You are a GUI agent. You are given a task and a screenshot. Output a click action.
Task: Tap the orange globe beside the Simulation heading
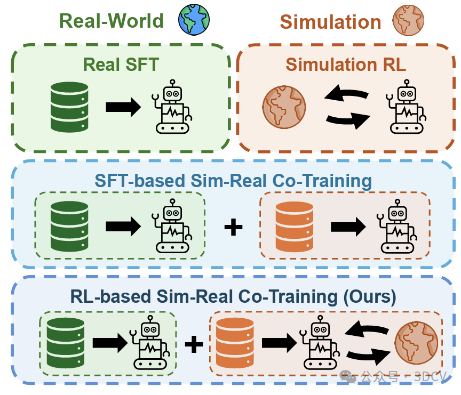(408, 20)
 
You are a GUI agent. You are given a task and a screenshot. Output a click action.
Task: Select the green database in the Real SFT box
(69, 107)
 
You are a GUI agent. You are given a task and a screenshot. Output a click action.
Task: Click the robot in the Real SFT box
(172, 107)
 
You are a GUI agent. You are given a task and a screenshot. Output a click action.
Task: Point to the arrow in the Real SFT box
(123, 107)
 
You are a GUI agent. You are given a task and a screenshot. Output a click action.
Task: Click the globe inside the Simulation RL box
(284, 107)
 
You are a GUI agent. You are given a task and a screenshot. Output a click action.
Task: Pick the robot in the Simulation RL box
(407, 107)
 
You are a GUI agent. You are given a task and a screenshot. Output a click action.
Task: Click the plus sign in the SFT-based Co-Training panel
(233, 227)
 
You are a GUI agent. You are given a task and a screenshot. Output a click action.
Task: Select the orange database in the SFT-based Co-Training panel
(295, 227)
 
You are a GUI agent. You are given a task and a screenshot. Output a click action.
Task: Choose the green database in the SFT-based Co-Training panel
(69, 227)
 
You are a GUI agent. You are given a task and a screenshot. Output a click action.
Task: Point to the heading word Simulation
(330, 22)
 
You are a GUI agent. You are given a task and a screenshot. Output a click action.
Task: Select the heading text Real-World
(111, 21)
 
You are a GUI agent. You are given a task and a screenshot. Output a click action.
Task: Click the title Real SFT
(121, 65)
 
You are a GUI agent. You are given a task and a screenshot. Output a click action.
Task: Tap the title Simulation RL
(346, 65)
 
